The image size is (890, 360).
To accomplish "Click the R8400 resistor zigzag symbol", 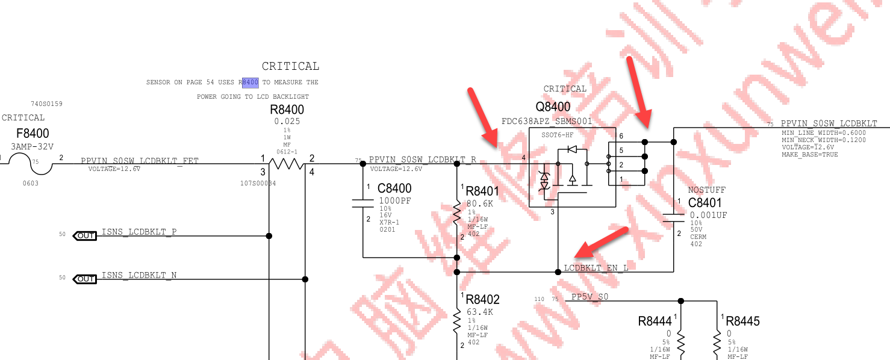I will pos(287,164).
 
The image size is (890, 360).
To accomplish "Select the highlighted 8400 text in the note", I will pos(250,82).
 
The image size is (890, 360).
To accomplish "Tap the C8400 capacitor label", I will pos(394,188).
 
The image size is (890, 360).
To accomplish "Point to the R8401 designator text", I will pos(482,191).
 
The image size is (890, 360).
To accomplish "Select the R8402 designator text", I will pos(482,300).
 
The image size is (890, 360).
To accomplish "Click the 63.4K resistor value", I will pos(480,312).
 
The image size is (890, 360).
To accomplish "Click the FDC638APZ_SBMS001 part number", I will pos(547,121).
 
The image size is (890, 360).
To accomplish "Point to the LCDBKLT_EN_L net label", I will pos(596,268).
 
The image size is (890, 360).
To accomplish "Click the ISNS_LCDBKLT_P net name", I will pos(139,232).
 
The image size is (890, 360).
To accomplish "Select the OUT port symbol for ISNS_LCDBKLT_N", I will pos(84,279).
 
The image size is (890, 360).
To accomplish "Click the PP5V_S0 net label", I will pos(590,297).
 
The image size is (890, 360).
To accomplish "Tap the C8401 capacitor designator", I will pos(705,203).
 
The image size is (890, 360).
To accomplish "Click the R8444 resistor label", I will pos(655,321).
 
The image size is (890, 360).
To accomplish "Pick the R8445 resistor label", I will pos(742,321).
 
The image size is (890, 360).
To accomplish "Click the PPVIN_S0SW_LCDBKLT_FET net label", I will pos(140,161).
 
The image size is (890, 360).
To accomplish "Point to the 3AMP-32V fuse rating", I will pos(32,146).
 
